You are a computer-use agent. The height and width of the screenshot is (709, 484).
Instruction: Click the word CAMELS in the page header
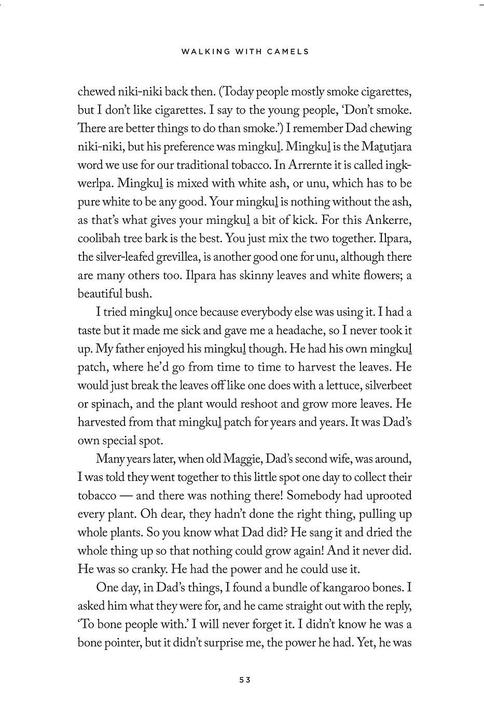click(x=289, y=51)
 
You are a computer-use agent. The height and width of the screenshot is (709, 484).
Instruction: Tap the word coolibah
click(x=98, y=238)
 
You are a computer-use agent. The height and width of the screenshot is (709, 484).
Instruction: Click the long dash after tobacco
click(x=126, y=495)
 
